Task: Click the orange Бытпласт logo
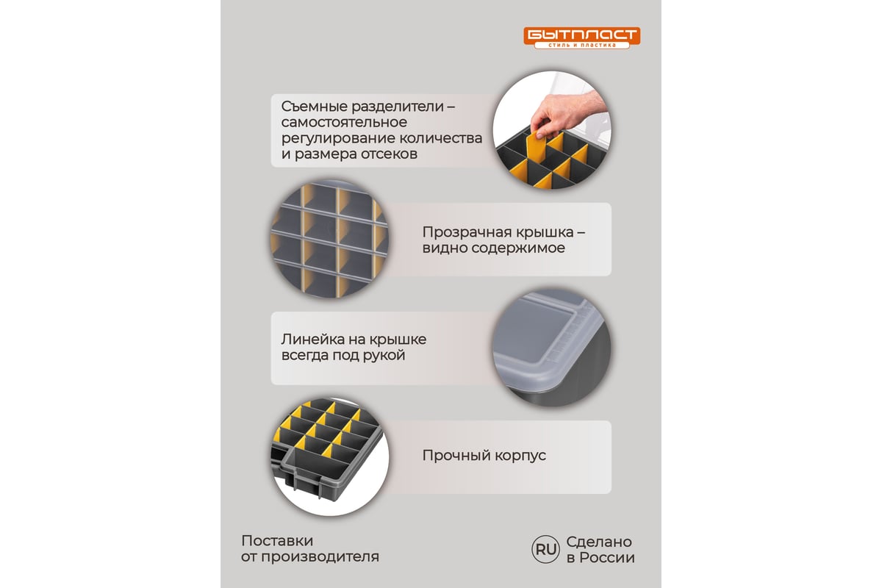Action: (581, 37)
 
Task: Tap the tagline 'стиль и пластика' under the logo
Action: (581, 46)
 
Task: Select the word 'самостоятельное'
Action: (344, 122)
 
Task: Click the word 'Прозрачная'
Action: (464, 232)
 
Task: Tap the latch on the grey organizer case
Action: (304, 481)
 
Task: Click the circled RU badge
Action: (545, 549)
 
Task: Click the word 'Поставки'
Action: (277, 541)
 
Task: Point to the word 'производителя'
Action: (320, 557)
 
